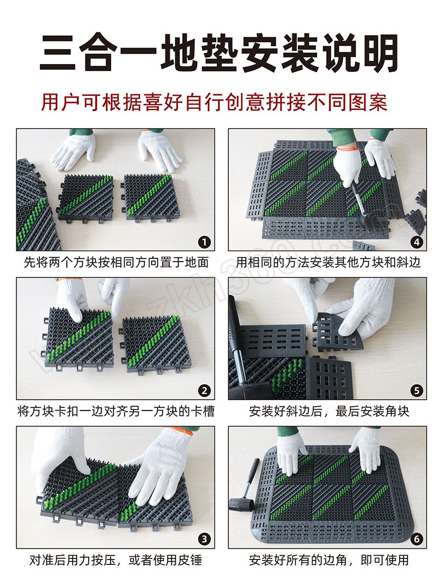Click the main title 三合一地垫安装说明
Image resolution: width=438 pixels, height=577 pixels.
click(218, 53)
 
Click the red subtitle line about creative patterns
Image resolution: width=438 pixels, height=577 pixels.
click(214, 102)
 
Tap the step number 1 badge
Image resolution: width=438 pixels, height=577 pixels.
click(204, 242)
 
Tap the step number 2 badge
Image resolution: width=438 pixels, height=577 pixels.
click(204, 390)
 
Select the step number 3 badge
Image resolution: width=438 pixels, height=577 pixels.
click(204, 539)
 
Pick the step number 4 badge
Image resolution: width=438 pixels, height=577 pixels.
click(416, 242)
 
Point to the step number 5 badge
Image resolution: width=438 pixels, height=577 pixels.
click(416, 390)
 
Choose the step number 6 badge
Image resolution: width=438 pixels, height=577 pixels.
click(416, 539)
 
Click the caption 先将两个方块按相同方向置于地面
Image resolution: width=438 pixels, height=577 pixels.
click(116, 262)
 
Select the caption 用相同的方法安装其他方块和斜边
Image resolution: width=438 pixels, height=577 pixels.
click(328, 262)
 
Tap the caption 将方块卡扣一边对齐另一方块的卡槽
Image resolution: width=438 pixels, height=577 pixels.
click(116, 411)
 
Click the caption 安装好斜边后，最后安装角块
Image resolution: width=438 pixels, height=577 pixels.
click(328, 411)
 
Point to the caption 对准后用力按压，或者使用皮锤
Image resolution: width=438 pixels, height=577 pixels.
click(116, 560)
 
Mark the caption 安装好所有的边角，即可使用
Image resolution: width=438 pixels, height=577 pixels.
click(328, 560)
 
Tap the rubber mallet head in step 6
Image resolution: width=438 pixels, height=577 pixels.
click(240, 504)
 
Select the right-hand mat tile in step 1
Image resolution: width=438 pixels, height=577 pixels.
click(151, 198)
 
